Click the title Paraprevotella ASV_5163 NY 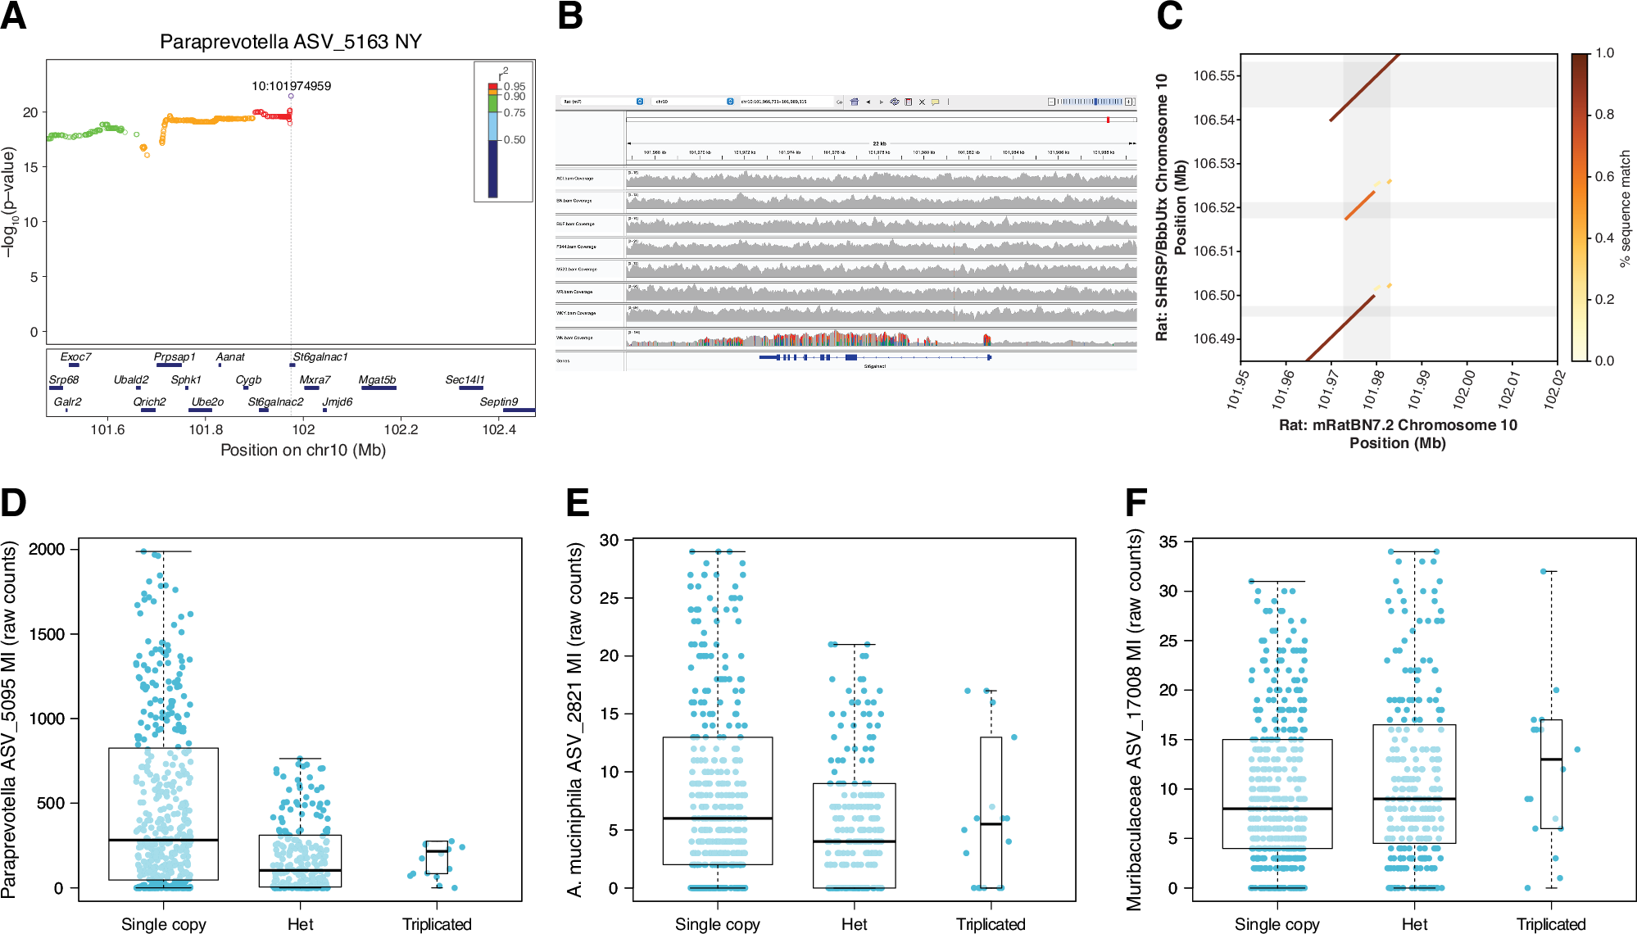click(x=290, y=42)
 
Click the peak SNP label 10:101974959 click(x=291, y=86)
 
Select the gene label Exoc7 click(x=75, y=356)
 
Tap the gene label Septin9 click(x=498, y=401)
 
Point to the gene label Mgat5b click(x=377, y=379)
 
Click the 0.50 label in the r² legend click(x=515, y=140)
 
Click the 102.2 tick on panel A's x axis click(x=401, y=429)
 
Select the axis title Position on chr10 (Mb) click(x=302, y=450)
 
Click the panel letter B click(x=570, y=16)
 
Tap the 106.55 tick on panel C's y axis click(x=1213, y=76)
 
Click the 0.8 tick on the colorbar click(x=1604, y=115)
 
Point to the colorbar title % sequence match click(x=1626, y=208)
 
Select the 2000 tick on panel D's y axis click(x=47, y=549)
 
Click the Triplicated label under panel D click(x=437, y=924)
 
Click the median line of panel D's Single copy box click(x=163, y=840)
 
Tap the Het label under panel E click(x=854, y=924)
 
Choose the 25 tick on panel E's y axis click(x=609, y=598)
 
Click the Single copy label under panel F click(x=1276, y=924)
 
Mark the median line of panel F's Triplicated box click(x=1551, y=759)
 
